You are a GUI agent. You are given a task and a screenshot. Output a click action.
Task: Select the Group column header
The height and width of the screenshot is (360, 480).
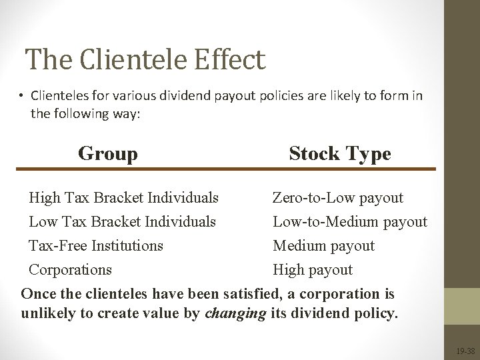tap(108, 154)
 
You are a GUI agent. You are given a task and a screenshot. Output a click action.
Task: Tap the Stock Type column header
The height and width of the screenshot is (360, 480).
tap(339, 154)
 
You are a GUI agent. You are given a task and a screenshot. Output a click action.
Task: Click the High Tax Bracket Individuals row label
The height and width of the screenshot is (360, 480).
tap(123, 198)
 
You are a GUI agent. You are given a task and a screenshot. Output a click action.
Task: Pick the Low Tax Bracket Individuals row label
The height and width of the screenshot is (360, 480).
tap(122, 221)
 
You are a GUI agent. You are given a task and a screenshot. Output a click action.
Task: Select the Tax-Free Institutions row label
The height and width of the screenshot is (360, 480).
tap(95, 245)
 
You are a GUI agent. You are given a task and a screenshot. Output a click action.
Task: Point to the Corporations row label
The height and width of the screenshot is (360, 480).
tap(70, 269)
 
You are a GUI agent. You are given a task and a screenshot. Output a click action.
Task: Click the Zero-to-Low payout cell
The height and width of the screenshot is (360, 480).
tap(337, 198)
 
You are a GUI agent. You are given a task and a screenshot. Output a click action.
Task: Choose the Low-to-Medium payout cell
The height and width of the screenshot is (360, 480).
tap(349, 221)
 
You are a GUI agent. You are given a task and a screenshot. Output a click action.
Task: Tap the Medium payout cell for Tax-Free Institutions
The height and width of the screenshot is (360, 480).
tap(323, 245)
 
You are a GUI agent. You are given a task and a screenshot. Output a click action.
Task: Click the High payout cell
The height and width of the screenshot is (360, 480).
tap(313, 269)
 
